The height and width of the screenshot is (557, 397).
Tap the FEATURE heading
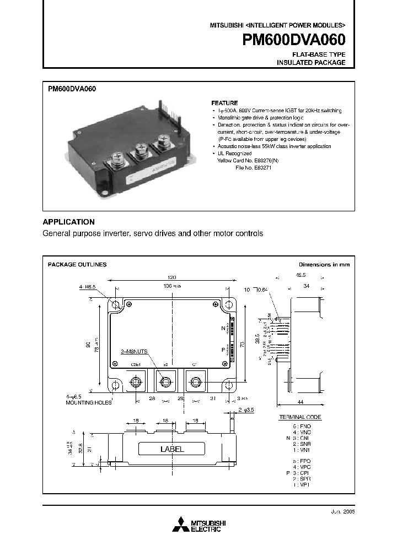pos(225,103)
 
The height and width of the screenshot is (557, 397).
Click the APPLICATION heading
pos(69,222)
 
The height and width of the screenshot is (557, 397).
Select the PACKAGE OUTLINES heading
pos(77,265)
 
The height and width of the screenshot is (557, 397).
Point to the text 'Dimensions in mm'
pos(324,265)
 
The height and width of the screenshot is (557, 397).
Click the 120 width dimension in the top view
pos(173,278)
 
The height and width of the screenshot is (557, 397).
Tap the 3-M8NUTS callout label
pos(135,350)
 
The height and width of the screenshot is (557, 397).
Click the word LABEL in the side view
pos(172,449)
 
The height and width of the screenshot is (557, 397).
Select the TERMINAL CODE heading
pos(299,418)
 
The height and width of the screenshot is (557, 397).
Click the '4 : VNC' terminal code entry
pos(303,433)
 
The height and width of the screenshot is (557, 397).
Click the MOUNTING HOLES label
pos(88,402)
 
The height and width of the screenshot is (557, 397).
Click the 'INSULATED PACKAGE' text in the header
pos(311,63)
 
